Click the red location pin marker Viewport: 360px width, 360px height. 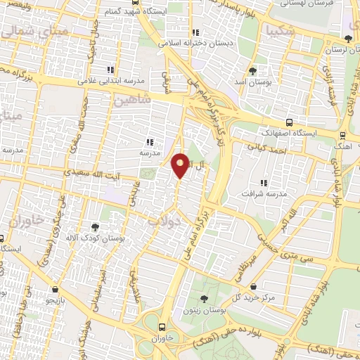(x=181, y=165)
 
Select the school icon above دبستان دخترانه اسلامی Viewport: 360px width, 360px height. (x=195, y=32)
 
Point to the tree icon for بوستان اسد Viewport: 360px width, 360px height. (x=253, y=71)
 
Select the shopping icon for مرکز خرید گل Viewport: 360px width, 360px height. (x=252, y=286)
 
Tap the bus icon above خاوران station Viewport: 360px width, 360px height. (x=162, y=327)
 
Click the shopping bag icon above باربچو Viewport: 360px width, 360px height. (x=56, y=289)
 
